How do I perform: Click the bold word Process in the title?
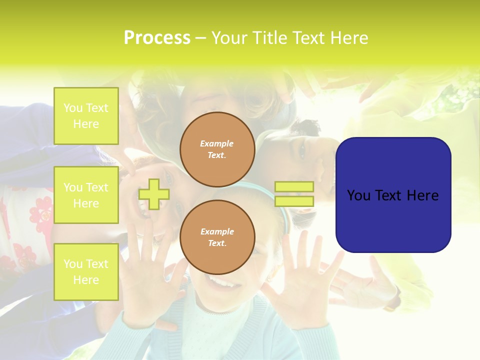[157, 38]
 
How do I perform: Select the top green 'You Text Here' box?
[86, 116]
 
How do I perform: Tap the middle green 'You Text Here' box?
[86, 195]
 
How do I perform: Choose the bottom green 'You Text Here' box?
[86, 271]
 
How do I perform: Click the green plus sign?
[154, 194]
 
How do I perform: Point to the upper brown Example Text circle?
[217, 149]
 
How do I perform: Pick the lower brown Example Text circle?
[217, 237]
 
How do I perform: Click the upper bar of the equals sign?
[294, 187]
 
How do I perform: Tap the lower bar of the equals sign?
[294, 201]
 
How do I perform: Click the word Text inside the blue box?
[389, 195]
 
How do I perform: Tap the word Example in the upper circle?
[217, 143]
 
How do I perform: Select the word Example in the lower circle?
[217, 231]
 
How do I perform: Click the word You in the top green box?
[72, 108]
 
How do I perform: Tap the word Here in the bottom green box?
[86, 280]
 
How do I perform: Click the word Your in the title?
[230, 38]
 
